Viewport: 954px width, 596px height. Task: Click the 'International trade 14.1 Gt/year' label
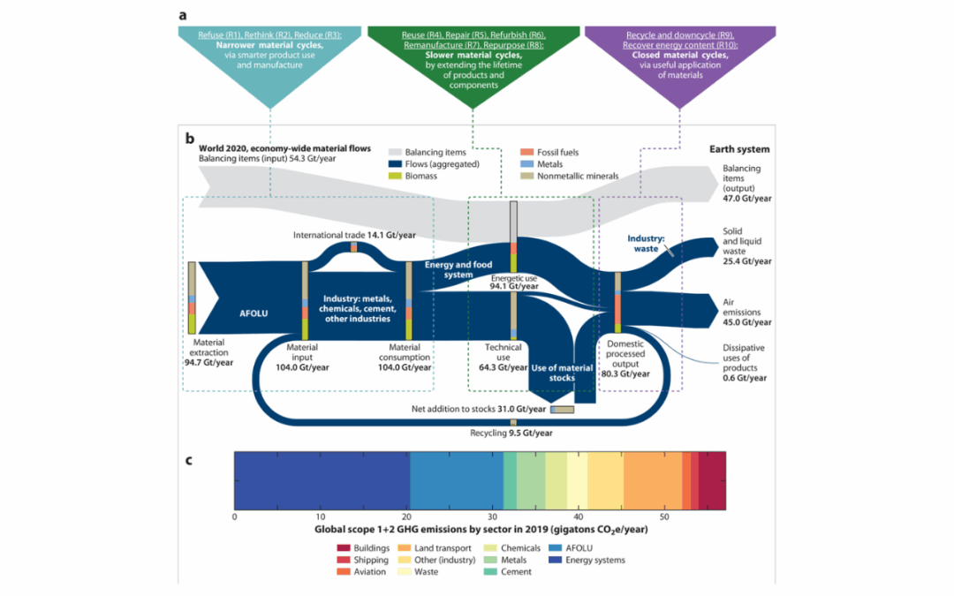pyautogui.click(x=354, y=234)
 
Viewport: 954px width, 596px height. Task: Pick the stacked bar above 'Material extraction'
pyautogui.click(x=192, y=298)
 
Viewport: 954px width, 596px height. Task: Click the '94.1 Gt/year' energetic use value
pyautogui.click(x=512, y=286)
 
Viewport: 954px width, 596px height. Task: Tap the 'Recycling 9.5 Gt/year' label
pyautogui.click(x=511, y=433)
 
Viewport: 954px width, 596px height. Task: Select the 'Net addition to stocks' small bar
pyautogui.click(x=563, y=409)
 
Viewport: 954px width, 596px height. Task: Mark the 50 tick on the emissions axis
pyautogui.click(x=663, y=517)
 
